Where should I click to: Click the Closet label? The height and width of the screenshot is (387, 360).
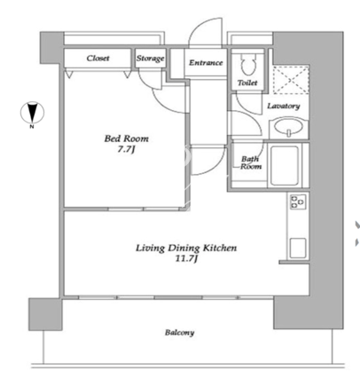98,58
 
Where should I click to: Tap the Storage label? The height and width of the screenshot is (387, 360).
150,59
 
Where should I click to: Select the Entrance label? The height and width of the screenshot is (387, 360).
206,63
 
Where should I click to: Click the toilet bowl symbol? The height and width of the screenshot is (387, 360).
247,65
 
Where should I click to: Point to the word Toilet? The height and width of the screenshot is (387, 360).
247,83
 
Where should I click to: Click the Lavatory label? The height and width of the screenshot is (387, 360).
284,106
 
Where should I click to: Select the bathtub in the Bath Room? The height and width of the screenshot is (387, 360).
285,165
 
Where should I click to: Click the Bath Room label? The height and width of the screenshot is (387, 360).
251,162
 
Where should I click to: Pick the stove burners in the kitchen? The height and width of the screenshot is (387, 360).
297,202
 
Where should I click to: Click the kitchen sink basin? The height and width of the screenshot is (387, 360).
298,248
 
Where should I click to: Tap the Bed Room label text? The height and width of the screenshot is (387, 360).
127,138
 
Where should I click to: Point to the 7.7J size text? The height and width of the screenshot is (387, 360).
126,150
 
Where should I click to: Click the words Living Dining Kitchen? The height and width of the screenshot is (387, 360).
186,248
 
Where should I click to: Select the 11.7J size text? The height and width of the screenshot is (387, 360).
186,259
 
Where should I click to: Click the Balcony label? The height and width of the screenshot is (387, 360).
180,333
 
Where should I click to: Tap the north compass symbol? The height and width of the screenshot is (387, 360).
32,113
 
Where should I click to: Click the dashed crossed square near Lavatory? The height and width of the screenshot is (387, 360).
290,80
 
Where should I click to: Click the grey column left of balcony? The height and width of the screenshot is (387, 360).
45,314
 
